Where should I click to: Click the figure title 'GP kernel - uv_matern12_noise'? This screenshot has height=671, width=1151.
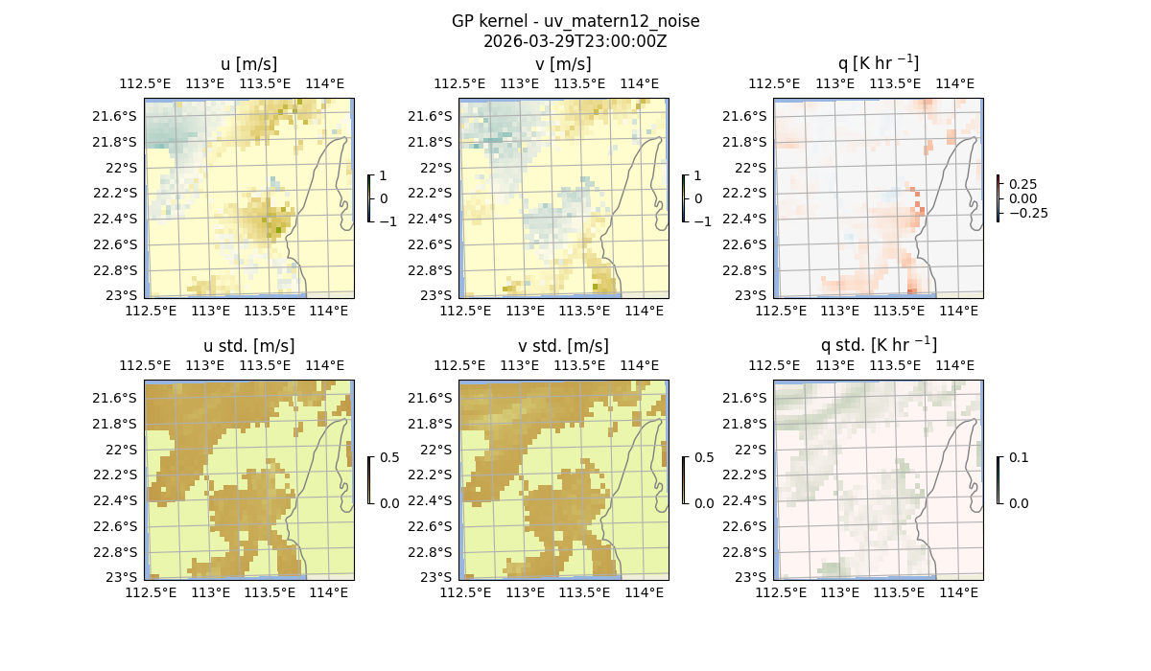point(575,21)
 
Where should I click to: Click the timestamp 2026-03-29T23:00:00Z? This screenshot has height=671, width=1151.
point(575,41)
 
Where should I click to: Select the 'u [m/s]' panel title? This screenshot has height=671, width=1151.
point(249,64)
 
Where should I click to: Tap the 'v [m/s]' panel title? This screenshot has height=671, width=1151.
point(564,64)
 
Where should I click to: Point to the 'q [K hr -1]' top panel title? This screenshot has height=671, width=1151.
point(878,63)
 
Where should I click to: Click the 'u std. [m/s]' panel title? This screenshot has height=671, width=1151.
point(249,346)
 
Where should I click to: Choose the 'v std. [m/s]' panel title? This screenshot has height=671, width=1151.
point(564,346)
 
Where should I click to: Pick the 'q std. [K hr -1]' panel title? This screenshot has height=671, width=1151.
point(878,345)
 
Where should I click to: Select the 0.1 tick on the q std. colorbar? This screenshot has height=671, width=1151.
point(1018,458)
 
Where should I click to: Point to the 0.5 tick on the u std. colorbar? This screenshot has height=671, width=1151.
point(389,458)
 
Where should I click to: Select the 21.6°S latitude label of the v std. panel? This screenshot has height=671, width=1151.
point(432,398)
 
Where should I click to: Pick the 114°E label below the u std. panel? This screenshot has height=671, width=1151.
point(328,592)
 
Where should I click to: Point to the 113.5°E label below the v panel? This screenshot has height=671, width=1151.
point(585,311)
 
